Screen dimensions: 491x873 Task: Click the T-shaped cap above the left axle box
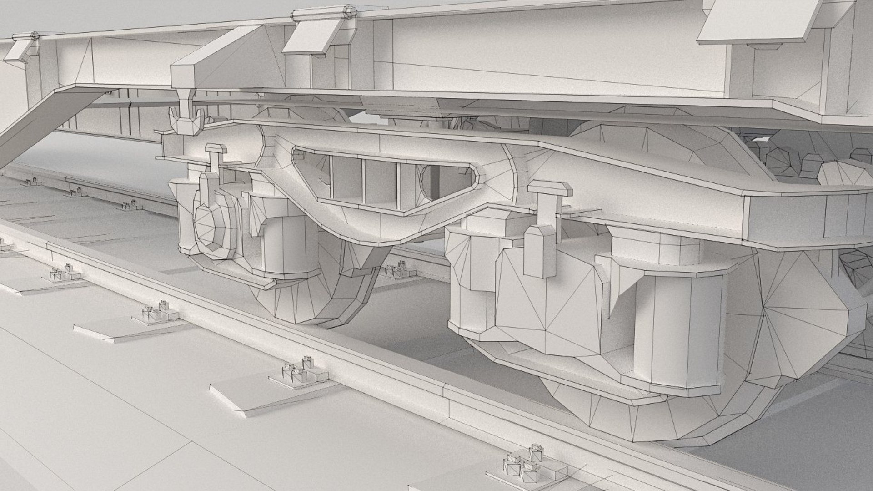[216, 150]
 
